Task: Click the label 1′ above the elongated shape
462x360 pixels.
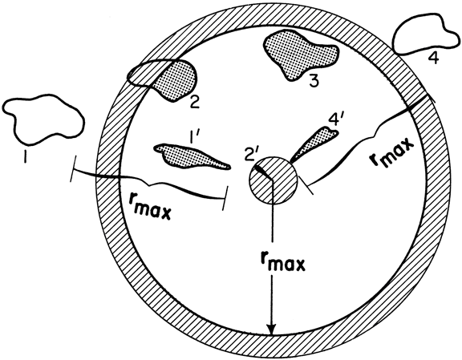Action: coord(193,138)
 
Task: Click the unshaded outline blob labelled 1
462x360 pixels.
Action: coord(43,119)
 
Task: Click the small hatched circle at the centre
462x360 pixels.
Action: coord(274,180)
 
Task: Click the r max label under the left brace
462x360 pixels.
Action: coord(150,208)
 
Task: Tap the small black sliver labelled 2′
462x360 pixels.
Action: coord(263,172)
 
